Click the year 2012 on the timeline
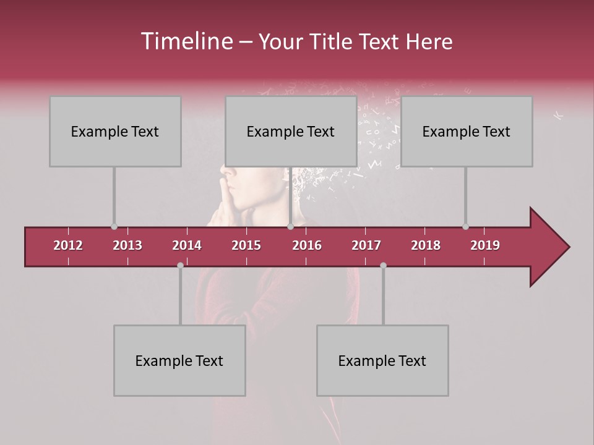[68, 245]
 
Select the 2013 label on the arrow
[127, 245]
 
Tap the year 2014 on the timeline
[187, 245]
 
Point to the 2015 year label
[246, 245]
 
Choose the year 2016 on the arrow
[307, 245]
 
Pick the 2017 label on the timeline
[366, 245]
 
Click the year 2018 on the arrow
[426, 245]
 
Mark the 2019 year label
[485, 245]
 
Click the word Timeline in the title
[186, 41]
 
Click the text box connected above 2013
[115, 132]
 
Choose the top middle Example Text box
[291, 132]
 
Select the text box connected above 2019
[467, 132]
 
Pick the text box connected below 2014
[179, 361]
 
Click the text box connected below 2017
[382, 361]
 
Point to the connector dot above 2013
[114, 227]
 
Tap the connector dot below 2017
[383, 265]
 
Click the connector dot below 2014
[180, 265]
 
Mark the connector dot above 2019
[465, 227]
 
